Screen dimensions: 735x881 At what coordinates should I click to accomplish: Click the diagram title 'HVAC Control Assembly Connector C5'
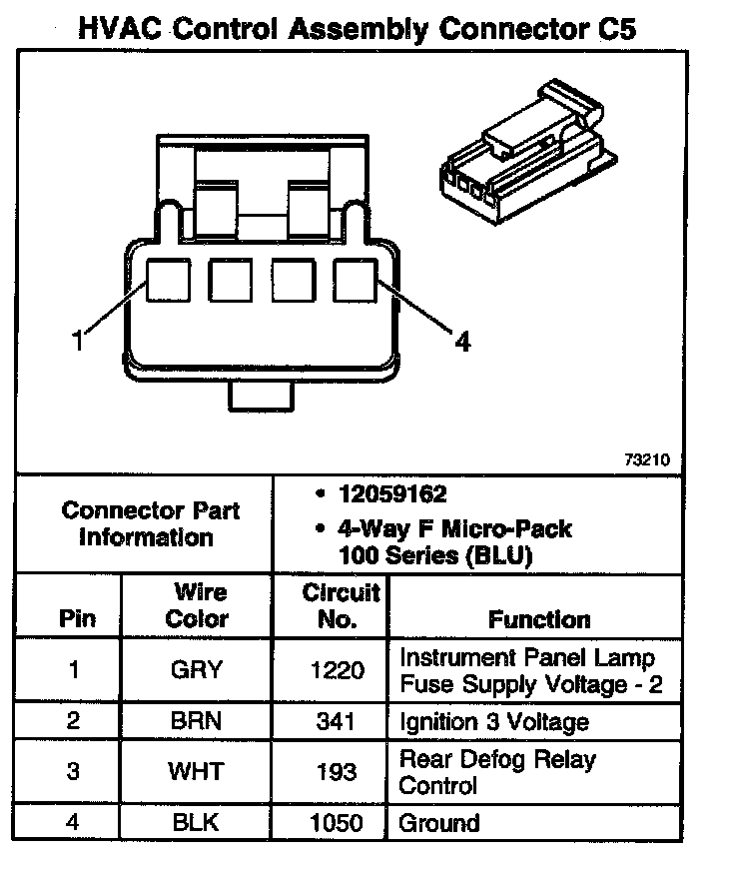pos(357,27)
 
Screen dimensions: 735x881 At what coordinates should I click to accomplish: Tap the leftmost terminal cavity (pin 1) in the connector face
pos(167,281)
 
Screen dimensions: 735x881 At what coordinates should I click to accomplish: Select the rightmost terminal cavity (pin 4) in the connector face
pos(355,281)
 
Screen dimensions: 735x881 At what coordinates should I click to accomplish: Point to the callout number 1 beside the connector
pos(76,342)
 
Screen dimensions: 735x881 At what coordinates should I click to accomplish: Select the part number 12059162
pos(390,495)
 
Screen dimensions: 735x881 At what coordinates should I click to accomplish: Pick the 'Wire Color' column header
pos(197,605)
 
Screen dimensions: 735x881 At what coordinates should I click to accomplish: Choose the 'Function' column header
pos(539,619)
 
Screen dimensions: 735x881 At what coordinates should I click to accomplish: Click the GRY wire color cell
pos(197,671)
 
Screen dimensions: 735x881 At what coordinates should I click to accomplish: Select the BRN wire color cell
pos(197,722)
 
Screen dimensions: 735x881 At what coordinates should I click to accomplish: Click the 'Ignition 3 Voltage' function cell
pos(493,722)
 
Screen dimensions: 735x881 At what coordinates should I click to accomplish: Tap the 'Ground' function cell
pos(439,824)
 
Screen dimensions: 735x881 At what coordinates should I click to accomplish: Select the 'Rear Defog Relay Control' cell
pos(496,771)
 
